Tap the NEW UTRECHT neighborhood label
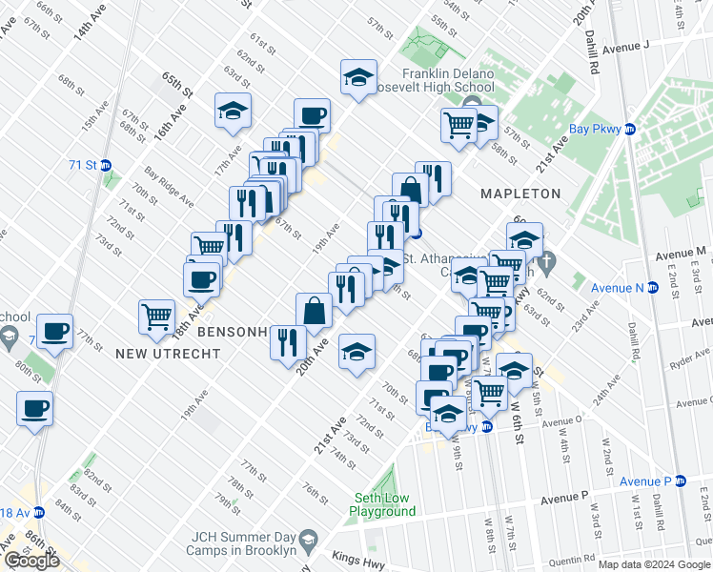coord(168,354)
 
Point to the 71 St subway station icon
coord(106,165)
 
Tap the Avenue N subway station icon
coord(653,288)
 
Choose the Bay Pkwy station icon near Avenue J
coord(629,129)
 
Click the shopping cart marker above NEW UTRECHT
coord(156,316)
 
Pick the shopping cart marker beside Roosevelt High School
coord(458,124)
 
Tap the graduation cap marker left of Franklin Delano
coord(358,76)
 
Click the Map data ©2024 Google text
coord(653,564)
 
